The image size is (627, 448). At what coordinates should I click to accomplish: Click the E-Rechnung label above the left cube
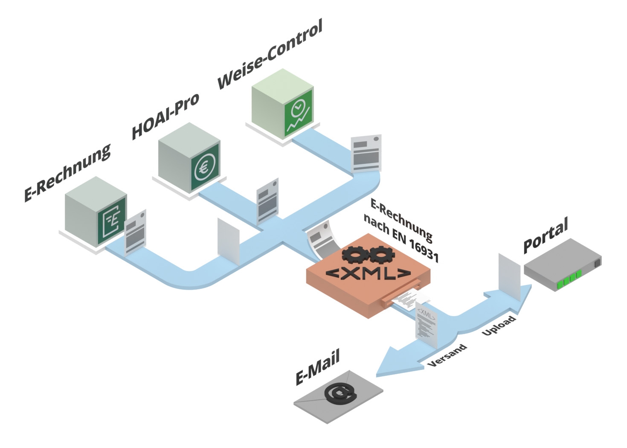(x=67, y=172)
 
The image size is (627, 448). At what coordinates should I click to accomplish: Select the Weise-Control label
(x=270, y=54)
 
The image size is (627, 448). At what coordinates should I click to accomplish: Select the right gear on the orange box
(x=381, y=255)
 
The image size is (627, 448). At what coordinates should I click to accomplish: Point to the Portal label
(x=546, y=235)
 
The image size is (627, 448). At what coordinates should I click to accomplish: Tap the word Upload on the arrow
(x=499, y=326)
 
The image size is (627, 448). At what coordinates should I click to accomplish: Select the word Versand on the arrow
(x=447, y=355)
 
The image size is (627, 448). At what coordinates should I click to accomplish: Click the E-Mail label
(x=318, y=367)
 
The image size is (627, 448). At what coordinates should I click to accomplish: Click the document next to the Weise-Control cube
(x=366, y=153)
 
